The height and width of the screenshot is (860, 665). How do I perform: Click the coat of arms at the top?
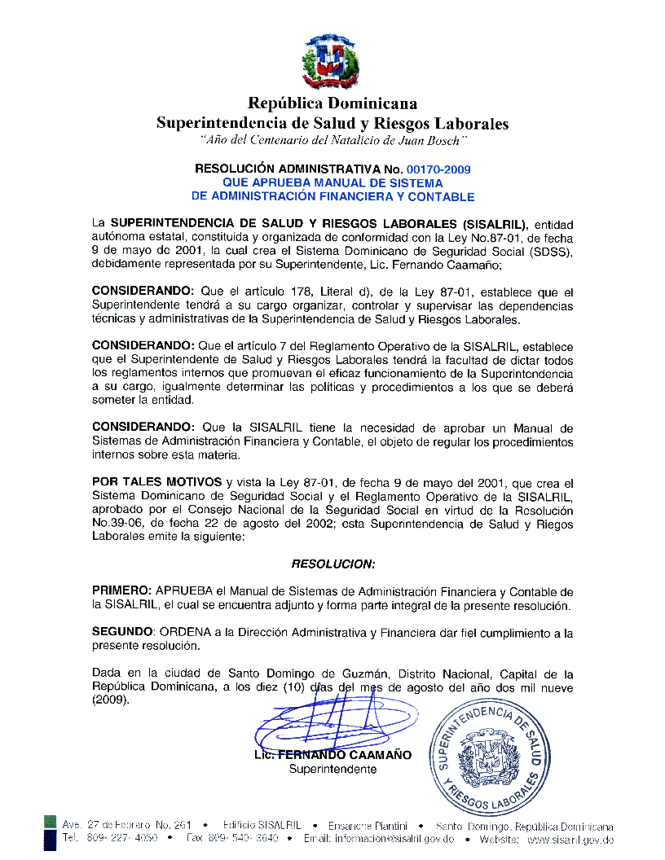click(x=332, y=62)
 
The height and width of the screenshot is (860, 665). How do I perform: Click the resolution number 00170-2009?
click(x=441, y=169)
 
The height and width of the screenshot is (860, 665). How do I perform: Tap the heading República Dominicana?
click(x=332, y=103)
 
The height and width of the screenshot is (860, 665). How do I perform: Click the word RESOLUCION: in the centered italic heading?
click(x=332, y=564)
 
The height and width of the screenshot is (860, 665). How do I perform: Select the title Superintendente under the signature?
click(x=332, y=770)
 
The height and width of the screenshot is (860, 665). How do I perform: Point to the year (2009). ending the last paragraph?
click(x=110, y=701)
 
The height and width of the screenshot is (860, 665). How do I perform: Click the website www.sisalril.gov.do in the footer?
click(x=570, y=839)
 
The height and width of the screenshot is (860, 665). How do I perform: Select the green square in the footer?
click(x=50, y=826)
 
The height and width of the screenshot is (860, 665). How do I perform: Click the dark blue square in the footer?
click(x=50, y=840)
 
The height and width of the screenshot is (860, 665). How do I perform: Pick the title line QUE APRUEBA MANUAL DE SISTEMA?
click(x=332, y=183)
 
